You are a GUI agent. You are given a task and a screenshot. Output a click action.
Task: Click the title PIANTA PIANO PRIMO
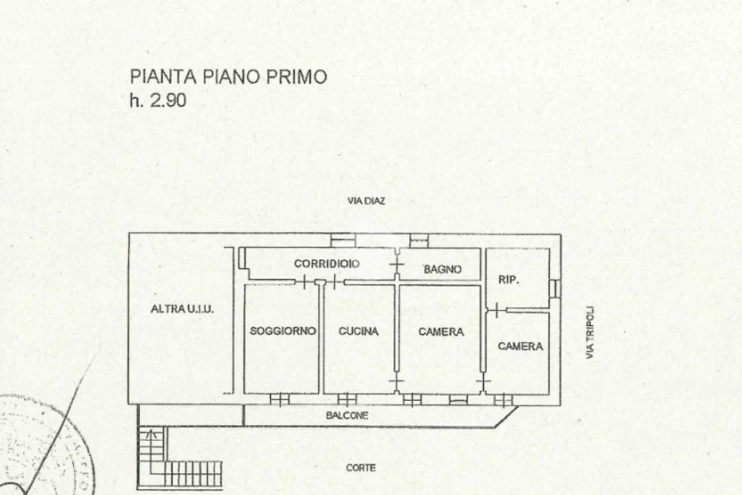228,77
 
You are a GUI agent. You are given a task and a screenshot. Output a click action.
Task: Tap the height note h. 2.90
158,100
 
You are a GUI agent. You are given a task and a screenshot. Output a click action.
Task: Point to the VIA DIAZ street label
366,201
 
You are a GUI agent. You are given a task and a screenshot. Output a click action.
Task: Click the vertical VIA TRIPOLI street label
589,332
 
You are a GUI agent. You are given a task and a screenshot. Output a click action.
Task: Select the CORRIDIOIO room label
327,264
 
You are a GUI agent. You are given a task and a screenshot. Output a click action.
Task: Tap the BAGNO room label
443,270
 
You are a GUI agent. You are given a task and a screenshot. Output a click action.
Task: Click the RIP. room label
509,280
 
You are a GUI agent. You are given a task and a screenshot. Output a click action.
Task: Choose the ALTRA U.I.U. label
182,309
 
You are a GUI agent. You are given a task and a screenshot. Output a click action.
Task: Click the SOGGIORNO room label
283,330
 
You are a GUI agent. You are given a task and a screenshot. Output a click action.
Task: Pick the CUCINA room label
359,331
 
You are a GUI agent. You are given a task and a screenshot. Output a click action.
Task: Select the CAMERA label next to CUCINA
441,332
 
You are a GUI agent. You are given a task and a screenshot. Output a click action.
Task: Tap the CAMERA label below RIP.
520,346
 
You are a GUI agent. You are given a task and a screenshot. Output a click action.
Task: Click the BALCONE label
347,416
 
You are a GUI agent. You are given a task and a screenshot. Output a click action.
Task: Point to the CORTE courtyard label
361,467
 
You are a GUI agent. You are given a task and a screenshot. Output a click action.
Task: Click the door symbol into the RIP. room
496,310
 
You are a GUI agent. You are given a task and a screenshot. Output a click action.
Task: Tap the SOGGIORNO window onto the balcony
279,400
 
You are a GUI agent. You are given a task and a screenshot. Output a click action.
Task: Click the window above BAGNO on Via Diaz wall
419,241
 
